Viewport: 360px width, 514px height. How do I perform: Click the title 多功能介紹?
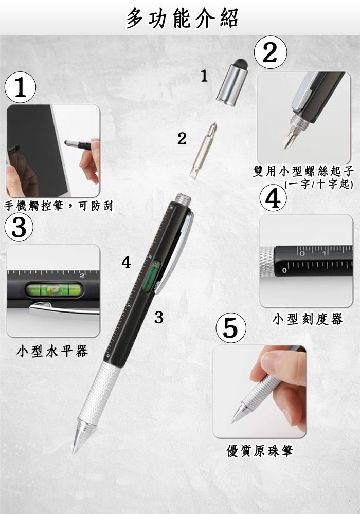pos(182,17)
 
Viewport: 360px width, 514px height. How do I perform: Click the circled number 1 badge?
pos(20,87)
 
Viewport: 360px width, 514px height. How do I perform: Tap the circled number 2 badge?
pos(271,52)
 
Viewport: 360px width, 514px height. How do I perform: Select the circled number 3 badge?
pos(19,227)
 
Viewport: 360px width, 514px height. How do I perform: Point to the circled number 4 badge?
pos(273,198)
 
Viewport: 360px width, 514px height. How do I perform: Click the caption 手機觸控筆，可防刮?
pos(59,206)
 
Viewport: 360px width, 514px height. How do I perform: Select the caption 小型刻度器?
pos(308,319)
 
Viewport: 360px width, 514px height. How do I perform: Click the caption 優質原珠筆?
pos(260,450)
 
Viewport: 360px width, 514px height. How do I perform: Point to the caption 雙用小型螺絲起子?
pos(303,171)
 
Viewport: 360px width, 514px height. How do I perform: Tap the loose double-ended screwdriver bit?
pos(203,151)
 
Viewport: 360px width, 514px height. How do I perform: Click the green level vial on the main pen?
pos(151,276)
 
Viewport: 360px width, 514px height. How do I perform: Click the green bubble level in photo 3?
pos(54,289)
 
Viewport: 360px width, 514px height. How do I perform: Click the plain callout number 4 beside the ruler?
pos(126,263)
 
